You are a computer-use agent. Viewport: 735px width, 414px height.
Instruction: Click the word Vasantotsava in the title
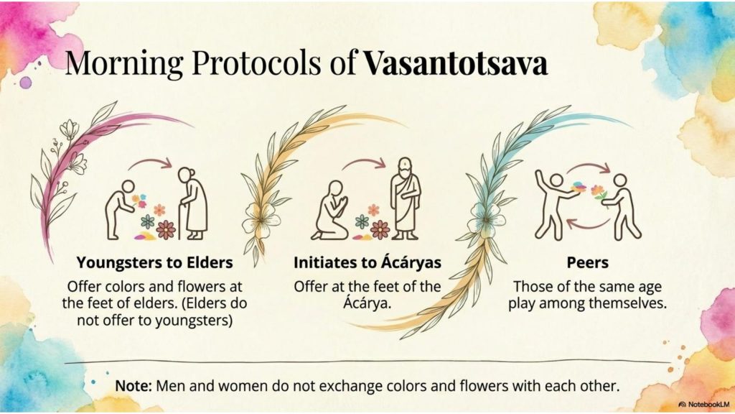456,63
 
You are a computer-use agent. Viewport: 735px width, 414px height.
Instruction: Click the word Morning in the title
124,64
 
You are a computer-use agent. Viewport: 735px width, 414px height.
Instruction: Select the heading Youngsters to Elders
155,262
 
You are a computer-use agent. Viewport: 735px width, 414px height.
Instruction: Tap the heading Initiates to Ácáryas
367,262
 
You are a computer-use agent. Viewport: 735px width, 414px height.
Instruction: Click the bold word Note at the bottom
133,386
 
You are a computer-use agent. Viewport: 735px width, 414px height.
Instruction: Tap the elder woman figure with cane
192,203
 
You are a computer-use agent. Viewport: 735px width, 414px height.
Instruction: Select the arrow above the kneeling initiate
364,162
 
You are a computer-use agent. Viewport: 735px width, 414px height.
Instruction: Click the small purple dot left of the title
26,83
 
